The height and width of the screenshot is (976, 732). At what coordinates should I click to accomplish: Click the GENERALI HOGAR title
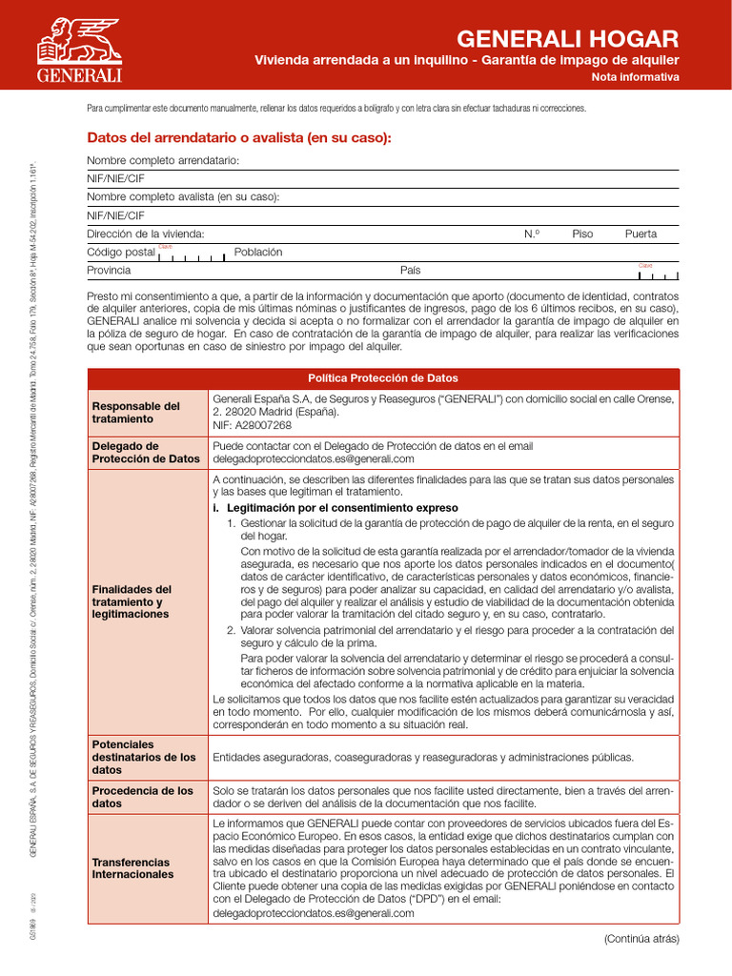click(x=568, y=39)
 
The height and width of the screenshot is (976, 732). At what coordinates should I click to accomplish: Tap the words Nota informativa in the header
click(x=635, y=78)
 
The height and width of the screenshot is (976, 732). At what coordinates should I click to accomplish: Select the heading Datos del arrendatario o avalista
click(x=239, y=138)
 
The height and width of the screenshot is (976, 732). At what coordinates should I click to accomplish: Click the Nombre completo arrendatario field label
click(x=163, y=160)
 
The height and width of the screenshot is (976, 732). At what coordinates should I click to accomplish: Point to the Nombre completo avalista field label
click(x=183, y=197)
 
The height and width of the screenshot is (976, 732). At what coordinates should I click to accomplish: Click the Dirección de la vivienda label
click(x=145, y=234)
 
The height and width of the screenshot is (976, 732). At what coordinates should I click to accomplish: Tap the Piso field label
click(x=582, y=234)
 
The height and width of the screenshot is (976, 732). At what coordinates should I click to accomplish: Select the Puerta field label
click(x=640, y=234)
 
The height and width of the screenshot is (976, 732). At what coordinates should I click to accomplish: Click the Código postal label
click(x=120, y=253)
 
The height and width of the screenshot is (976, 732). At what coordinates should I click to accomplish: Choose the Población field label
click(x=258, y=252)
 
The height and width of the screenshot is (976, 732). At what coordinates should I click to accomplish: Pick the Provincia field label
click(x=109, y=271)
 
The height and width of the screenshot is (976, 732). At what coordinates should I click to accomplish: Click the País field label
click(x=410, y=271)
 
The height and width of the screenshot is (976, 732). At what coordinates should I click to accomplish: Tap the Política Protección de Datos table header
click(x=382, y=378)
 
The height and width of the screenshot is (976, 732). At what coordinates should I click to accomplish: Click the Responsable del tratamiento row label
click(x=135, y=413)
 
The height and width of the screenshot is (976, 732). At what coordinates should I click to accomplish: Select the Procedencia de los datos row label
click(x=142, y=798)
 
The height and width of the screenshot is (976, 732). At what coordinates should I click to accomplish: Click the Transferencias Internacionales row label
click(x=132, y=868)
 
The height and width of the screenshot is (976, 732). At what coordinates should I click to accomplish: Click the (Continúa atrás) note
click(x=641, y=939)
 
